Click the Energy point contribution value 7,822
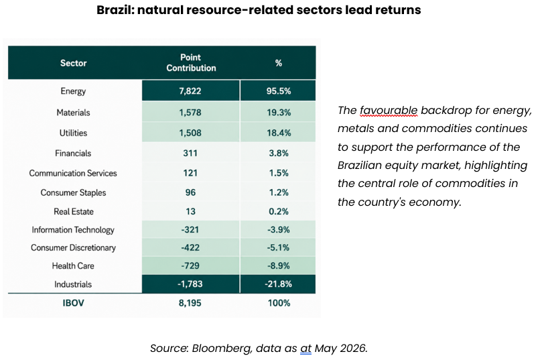click(x=190, y=91)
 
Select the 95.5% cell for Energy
click(x=279, y=91)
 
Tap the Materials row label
click(x=73, y=113)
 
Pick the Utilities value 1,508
click(x=190, y=133)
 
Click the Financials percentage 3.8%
click(x=279, y=154)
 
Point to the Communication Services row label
click(x=73, y=173)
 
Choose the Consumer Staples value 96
click(x=190, y=192)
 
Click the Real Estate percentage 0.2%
click(x=279, y=211)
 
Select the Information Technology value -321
click(x=190, y=230)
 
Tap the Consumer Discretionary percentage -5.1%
click(x=278, y=247)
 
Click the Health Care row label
click(x=73, y=265)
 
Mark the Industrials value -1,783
click(x=190, y=284)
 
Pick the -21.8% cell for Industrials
click(x=278, y=284)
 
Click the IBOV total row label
click(x=73, y=303)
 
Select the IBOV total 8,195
click(x=190, y=303)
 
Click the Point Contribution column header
click(x=191, y=62)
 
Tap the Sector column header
click(x=73, y=63)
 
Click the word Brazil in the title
click(x=115, y=9)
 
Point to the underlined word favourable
click(x=389, y=111)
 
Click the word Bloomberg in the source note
click(x=222, y=348)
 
